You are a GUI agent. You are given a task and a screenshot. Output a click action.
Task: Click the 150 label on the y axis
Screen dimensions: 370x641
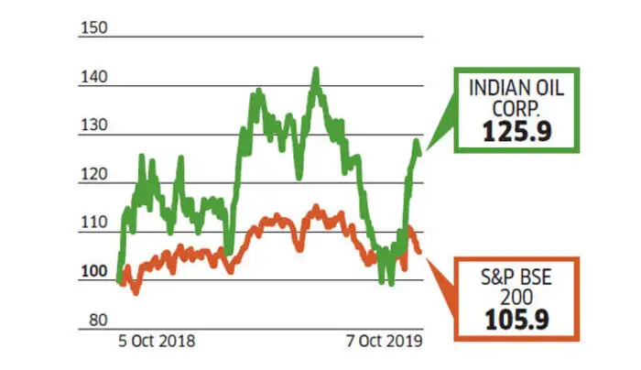pyautogui.click(x=95, y=27)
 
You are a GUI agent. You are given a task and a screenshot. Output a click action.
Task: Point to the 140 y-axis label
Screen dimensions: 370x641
pyautogui.click(x=95, y=77)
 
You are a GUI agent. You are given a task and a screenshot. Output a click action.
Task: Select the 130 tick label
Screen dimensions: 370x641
pyautogui.click(x=95, y=125)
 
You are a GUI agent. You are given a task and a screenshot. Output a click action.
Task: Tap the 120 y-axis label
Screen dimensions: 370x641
pyautogui.click(x=95, y=174)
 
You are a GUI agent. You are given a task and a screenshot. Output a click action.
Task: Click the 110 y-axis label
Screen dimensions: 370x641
pyautogui.click(x=95, y=223)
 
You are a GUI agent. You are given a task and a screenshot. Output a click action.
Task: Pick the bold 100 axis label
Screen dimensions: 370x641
pyautogui.click(x=95, y=272)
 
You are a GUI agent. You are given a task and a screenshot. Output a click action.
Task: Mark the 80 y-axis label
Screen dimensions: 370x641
pyautogui.click(x=98, y=321)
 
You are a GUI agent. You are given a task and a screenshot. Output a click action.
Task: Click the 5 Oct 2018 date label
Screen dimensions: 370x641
pyautogui.click(x=157, y=341)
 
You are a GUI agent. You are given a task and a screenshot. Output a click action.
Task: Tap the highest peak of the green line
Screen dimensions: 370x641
pyautogui.click(x=315, y=70)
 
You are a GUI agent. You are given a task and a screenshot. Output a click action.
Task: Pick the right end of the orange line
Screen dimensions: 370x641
pyautogui.click(x=420, y=251)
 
